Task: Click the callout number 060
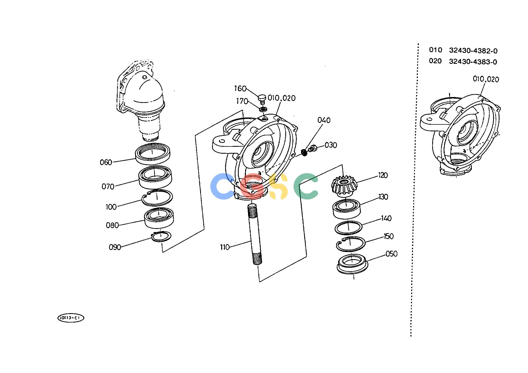106,162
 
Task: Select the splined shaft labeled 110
255,234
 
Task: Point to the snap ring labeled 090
161,236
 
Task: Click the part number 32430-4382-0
473,51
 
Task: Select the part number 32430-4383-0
473,62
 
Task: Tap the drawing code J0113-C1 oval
71,318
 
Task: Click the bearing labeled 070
155,177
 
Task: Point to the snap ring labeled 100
157,198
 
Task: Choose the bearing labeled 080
159,218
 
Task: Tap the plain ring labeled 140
348,228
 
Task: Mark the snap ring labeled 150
351,244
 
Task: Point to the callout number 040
324,120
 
